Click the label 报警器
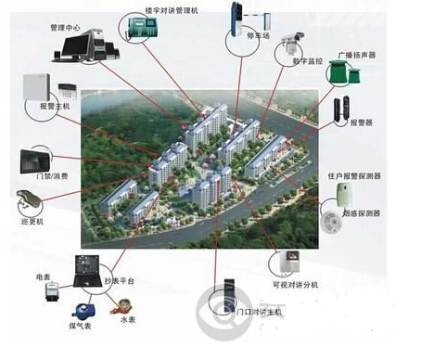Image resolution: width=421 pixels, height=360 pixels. pos(364,121)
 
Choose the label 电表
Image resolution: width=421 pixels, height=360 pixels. pos(43,276)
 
